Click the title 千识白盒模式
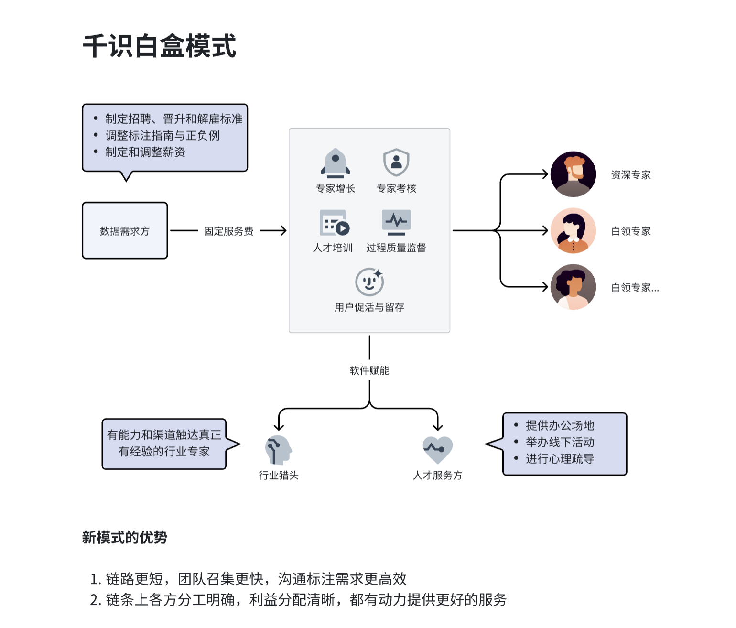pyautogui.click(x=160, y=46)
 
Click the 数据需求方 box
pyautogui.click(x=125, y=231)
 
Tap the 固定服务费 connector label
pyautogui.click(x=228, y=231)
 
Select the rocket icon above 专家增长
pyautogui.click(x=336, y=162)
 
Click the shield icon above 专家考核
pyautogui.click(x=396, y=162)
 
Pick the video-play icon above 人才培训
pyautogui.click(x=334, y=223)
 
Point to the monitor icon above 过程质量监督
pyautogui.click(x=396, y=222)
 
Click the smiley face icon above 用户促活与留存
pyautogui.click(x=369, y=282)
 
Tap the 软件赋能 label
pyautogui.click(x=369, y=370)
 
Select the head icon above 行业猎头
pyautogui.click(x=278, y=449)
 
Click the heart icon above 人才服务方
pyautogui.click(x=437, y=450)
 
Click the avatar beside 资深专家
pyautogui.click(x=573, y=174)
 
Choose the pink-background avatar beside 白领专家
pyautogui.click(x=573, y=231)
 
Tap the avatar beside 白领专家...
pyautogui.click(x=573, y=287)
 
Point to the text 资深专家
pyautogui.click(x=631, y=175)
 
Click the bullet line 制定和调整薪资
pyautogui.click(x=145, y=152)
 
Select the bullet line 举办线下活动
pyautogui.click(x=560, y=442)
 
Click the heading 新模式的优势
pyautogui.click(x=125, y=538)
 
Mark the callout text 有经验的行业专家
pyautogui.click(x=164, y=451)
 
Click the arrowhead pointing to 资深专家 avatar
pyautogui.click(x=545, y=174)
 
